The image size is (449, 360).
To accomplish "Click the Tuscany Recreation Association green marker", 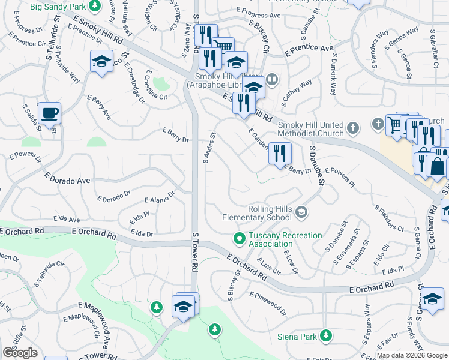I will (240, 239).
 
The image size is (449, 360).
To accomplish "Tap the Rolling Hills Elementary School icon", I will (301, 211).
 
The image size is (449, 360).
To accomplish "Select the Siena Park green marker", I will (326, 335).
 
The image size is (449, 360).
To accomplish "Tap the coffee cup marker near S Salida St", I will (49, 113).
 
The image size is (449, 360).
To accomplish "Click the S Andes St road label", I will (209, 150).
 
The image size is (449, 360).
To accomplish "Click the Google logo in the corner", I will (19, 353).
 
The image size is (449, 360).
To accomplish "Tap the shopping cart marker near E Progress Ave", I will (223, 45).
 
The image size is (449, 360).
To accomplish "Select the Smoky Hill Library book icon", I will (272, 79).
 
